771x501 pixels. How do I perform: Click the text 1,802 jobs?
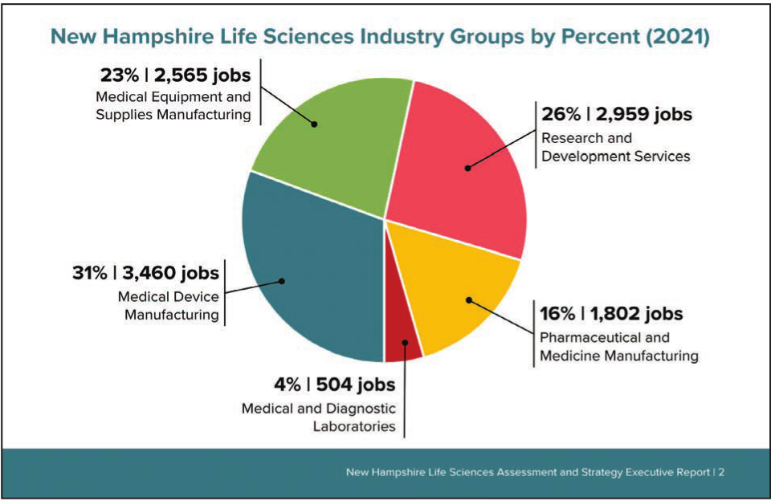tap(636, 314)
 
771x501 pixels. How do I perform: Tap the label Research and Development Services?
tap(615, 147)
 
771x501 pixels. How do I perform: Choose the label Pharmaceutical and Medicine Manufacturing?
tap(618, 346)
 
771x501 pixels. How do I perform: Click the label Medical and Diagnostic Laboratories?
tap(319, 417)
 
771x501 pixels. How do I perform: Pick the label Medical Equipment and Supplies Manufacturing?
tap(173, 106)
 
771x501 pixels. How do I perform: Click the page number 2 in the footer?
tap(721, 472)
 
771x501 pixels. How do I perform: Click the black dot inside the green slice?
tap(315, 124)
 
